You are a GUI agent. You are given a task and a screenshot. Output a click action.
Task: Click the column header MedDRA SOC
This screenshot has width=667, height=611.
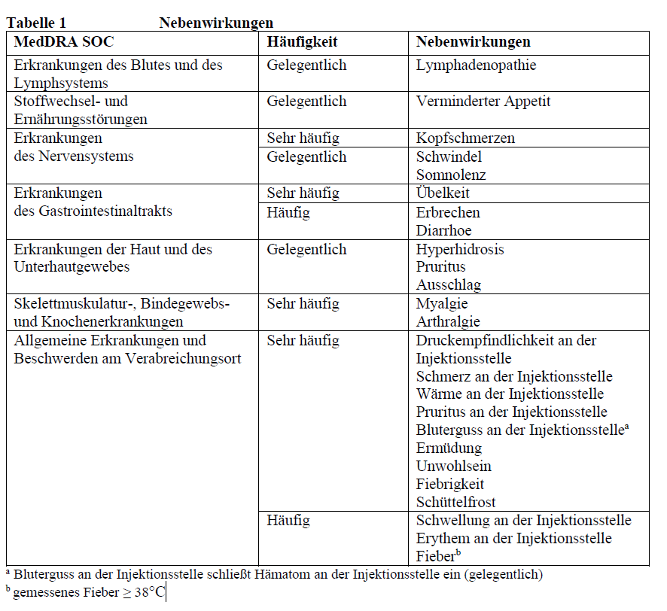(64, 42)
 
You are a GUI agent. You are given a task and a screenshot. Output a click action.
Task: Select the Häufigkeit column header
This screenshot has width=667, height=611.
(302, 42)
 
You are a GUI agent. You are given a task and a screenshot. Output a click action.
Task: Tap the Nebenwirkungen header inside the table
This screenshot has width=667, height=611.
(473, 42)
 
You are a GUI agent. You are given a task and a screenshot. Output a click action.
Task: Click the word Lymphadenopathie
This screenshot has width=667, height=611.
(476, 65)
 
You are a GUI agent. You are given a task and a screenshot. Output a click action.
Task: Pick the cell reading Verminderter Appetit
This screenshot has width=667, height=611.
(483, 102)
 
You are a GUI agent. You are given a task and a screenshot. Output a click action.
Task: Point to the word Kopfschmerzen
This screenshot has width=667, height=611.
(465, 138)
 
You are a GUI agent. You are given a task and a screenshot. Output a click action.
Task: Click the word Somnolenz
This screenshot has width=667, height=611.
(451, 175)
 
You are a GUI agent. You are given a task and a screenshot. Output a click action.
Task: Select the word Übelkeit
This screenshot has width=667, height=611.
(443, 193)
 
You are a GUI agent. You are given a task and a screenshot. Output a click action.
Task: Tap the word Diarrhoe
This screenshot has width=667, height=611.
(444, 230)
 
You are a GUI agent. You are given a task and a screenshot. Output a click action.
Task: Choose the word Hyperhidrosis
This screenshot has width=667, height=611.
(460, 249)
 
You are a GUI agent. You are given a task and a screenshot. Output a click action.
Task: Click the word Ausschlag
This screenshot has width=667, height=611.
(449, 285)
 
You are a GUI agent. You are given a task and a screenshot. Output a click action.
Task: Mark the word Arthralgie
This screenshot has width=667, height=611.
(449, 322)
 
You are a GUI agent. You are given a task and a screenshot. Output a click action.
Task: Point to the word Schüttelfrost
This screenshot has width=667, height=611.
(456, 503)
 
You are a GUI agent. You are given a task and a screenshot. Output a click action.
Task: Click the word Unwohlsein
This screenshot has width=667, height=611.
(453, 467)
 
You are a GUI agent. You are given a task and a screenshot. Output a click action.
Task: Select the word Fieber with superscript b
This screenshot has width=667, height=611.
(436, 557)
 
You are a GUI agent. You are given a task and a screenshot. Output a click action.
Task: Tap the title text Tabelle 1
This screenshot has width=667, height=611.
(36, 23)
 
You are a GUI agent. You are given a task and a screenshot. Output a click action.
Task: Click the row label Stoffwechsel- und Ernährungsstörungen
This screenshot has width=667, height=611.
(81, 110)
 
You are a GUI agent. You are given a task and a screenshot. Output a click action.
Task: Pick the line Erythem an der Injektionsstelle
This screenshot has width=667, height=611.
(513, 539)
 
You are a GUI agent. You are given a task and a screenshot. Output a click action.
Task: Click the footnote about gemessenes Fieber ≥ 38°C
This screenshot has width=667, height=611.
(87, 593)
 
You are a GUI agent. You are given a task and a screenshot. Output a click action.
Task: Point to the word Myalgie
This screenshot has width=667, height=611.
(442, 304)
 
